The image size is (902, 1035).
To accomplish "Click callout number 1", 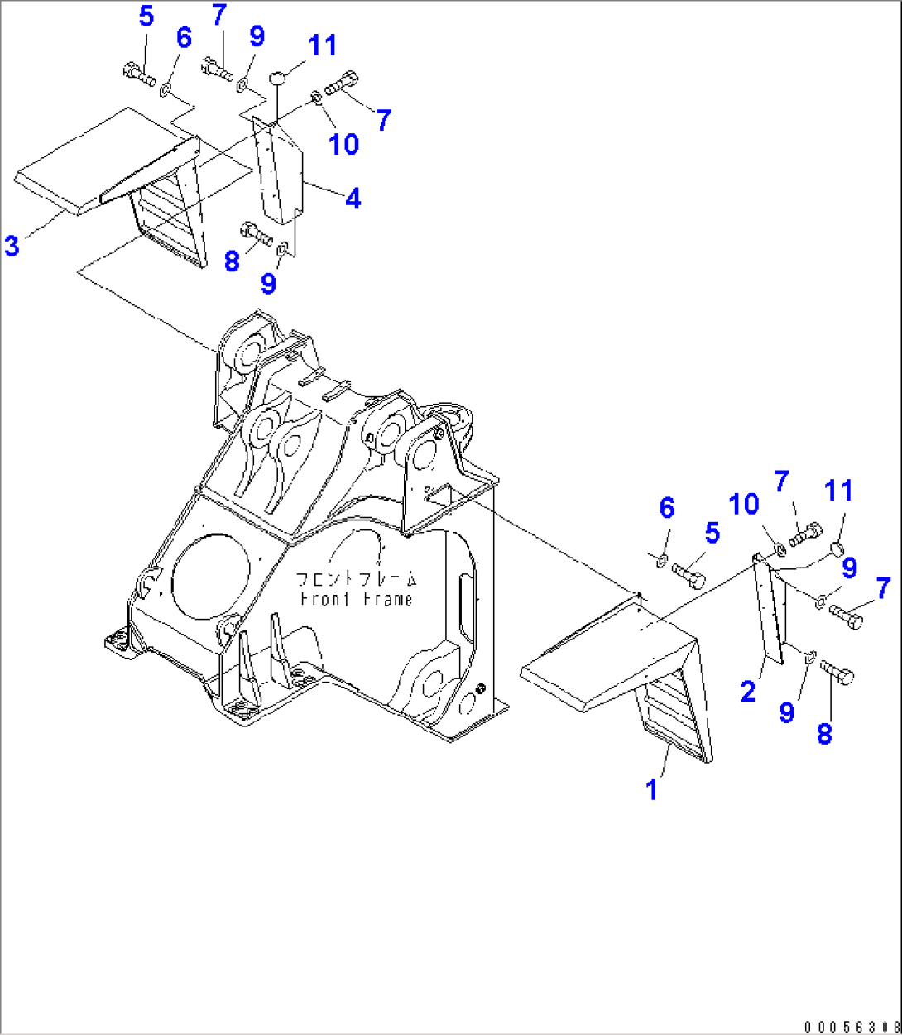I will click(652, 789).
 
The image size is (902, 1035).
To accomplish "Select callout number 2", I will click(748, 692).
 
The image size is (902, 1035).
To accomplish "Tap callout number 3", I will click(12, 245).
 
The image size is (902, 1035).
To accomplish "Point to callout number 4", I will click(353, 199).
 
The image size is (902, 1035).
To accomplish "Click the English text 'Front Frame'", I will click(356, 599).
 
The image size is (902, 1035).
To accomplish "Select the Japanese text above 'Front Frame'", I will click(357, 579).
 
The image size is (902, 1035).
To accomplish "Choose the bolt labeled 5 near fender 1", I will click(687, 573).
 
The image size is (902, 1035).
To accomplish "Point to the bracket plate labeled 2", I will click(771, 608).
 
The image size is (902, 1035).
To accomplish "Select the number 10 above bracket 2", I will click(743, 504).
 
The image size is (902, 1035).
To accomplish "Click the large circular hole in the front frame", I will click(210, 576).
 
